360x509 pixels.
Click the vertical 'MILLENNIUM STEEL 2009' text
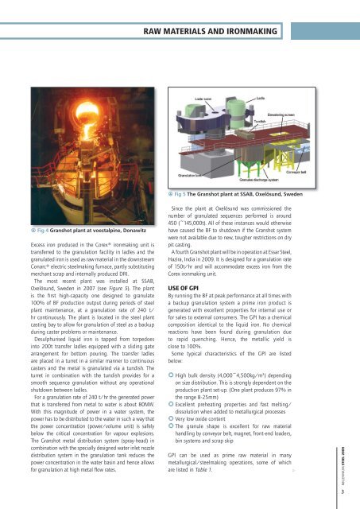(352, 469)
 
